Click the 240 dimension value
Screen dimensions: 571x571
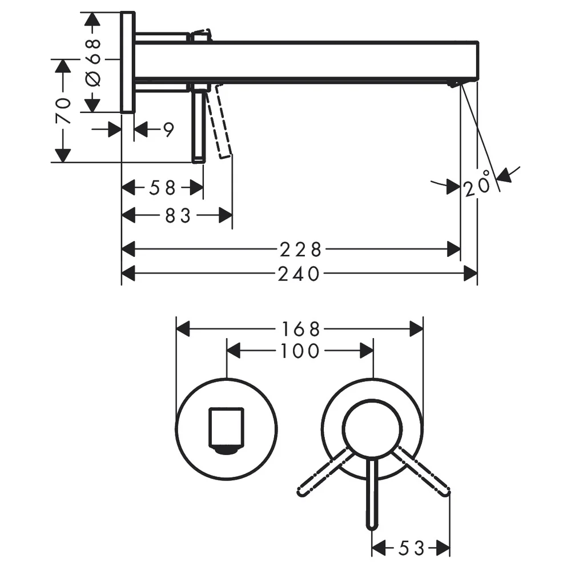click(299, 274)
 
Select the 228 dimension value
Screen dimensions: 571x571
click(300, 250)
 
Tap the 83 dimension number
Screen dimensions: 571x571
click(178, 216)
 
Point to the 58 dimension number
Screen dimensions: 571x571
click(162, 188)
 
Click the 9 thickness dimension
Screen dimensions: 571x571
click(168, 130)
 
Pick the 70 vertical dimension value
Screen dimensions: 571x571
click(63, 111)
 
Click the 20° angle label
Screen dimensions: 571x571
click(477, 183)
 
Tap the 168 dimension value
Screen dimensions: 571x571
click(300, 329)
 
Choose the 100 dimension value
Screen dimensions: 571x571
click(300, 351)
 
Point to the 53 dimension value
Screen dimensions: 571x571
click(412, 548)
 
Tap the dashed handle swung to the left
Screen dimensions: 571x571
click(325, 473)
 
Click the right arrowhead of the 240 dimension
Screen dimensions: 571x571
click(471, 274)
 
